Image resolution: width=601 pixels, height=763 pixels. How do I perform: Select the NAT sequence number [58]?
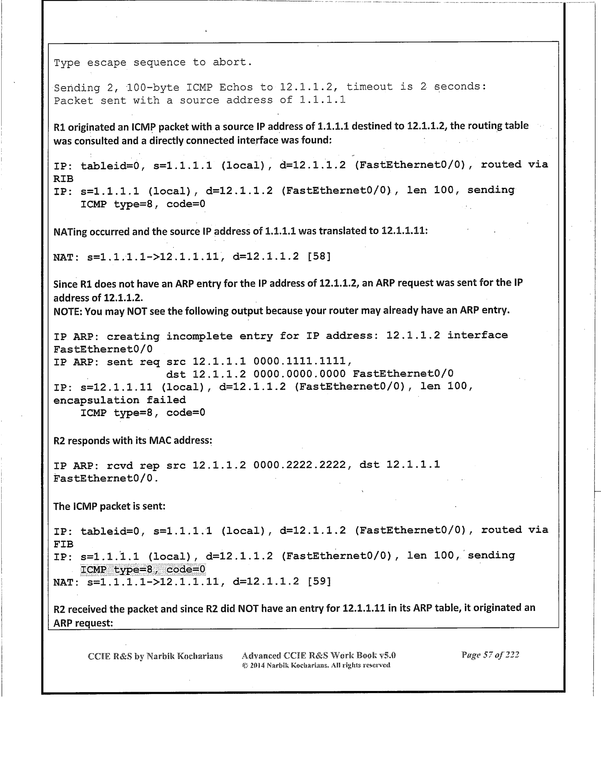(319, 256)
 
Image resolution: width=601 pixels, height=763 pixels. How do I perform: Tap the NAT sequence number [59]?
(319, 581)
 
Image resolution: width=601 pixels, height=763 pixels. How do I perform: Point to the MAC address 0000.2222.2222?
(300, 465)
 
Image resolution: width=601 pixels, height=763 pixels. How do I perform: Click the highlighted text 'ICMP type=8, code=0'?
(143, 569)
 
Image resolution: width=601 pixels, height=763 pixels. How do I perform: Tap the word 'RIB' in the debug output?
(64, 178)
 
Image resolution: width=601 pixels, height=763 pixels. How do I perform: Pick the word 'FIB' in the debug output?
(64, 544)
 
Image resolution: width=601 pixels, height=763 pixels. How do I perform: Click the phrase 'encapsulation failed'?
(120, 400)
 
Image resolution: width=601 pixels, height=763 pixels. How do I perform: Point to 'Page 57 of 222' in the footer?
(490, 654)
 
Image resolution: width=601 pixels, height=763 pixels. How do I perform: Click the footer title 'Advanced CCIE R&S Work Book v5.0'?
(319, 655)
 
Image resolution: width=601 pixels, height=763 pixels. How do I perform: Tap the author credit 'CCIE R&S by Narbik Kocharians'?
(155, 656)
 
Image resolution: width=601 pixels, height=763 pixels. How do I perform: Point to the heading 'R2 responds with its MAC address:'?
(133, 440)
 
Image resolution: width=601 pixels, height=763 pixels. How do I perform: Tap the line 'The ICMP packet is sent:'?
(109, 506)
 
